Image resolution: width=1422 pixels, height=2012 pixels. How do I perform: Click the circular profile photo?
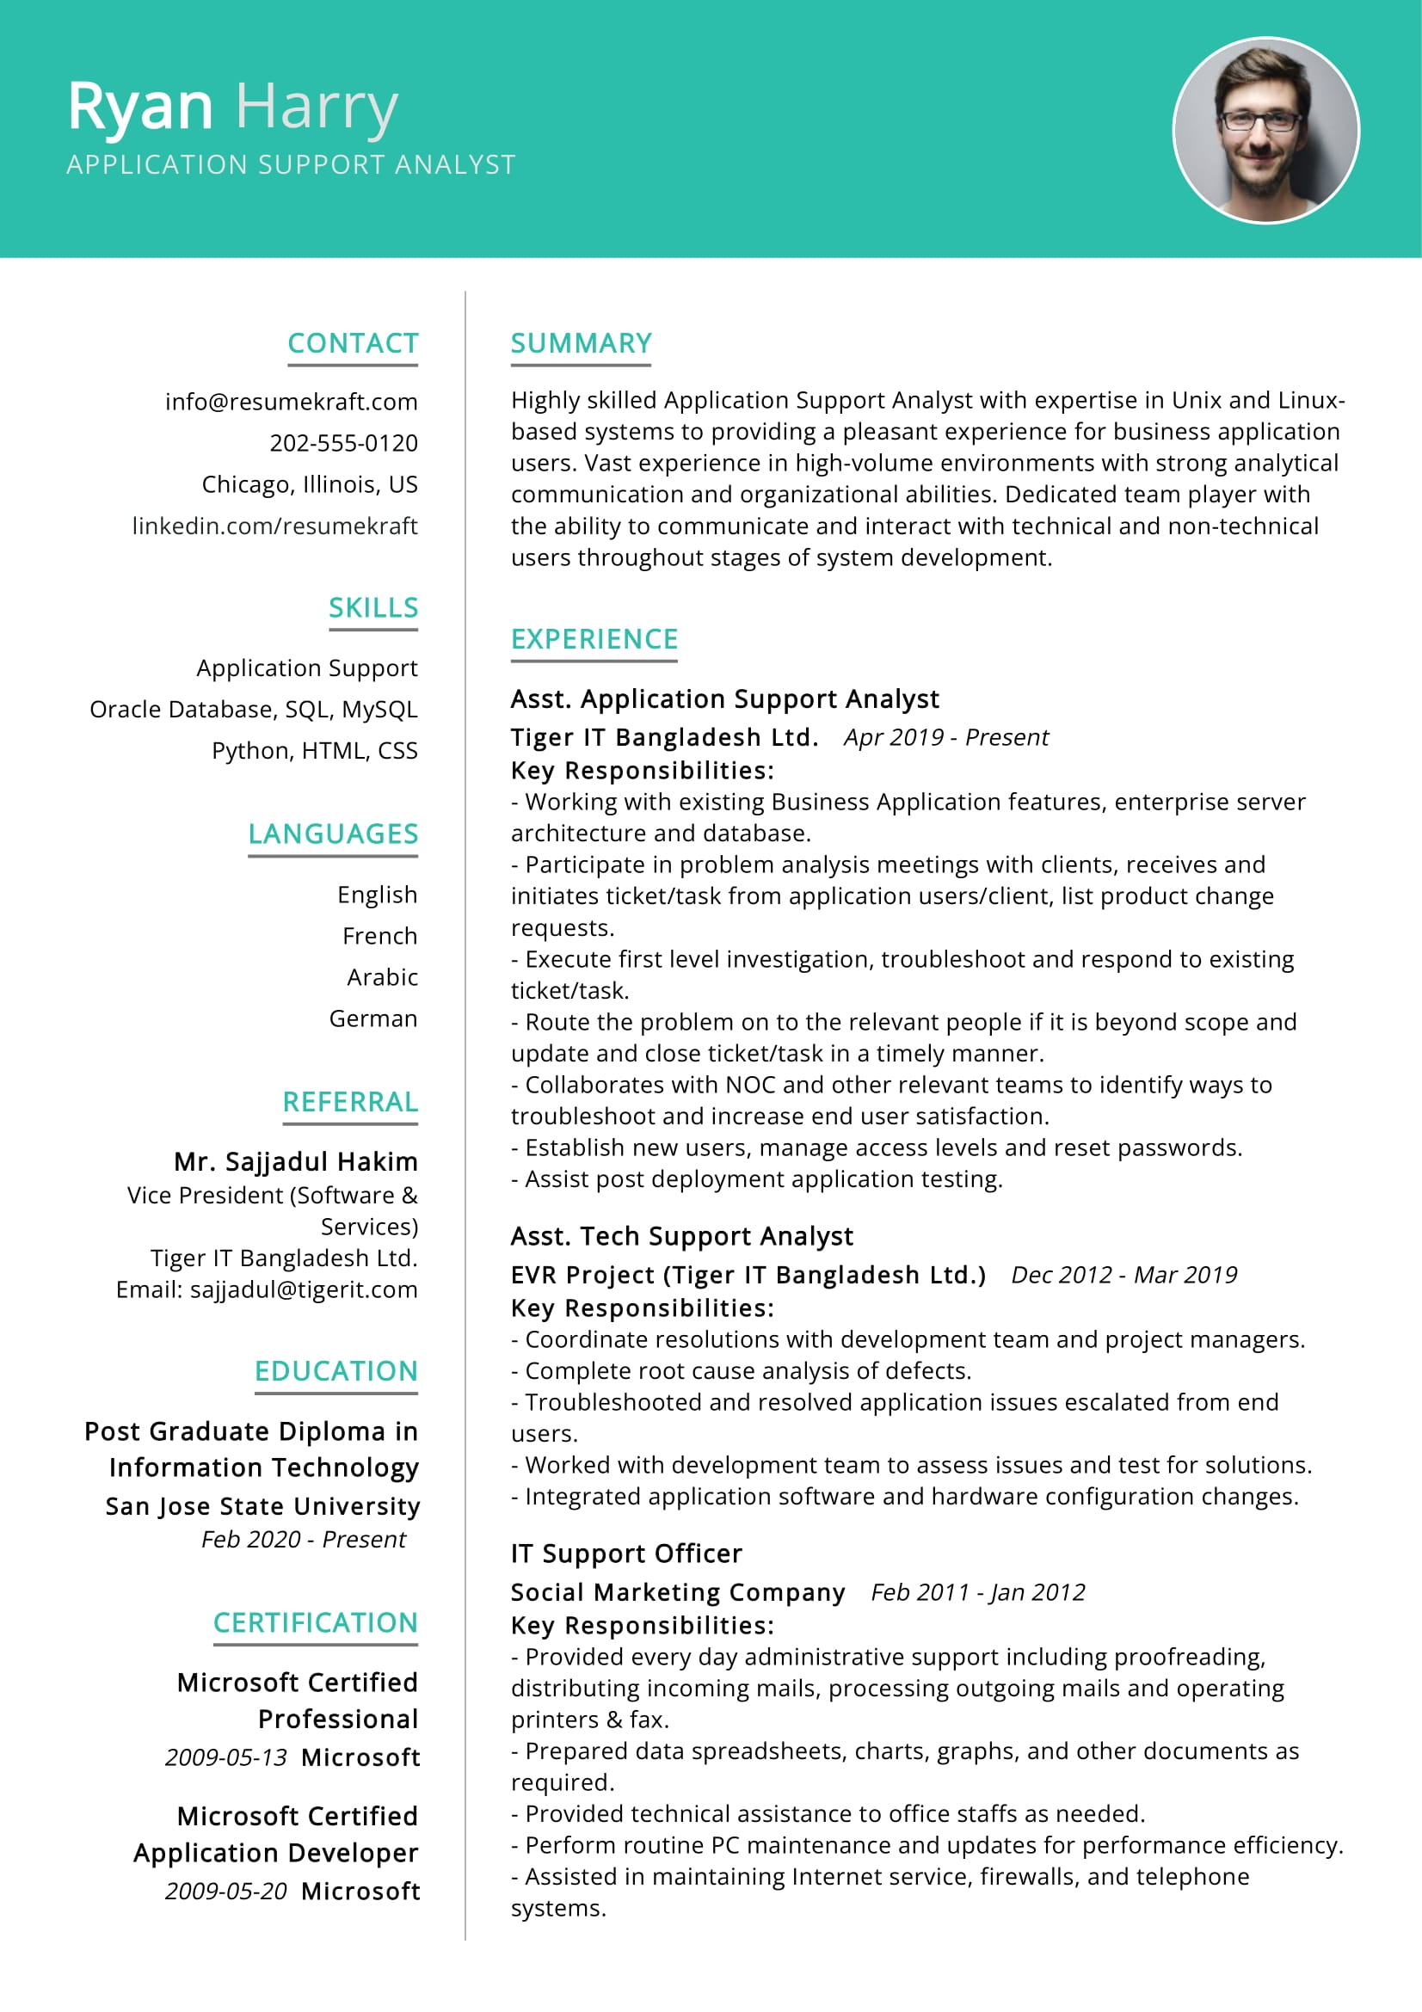coord(1265,130)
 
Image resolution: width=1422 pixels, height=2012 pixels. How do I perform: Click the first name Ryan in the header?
coord(140,107)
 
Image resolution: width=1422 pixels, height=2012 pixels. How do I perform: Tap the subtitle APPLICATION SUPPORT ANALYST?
coord(291,165)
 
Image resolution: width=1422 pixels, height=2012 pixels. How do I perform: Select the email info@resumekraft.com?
coord(291,402)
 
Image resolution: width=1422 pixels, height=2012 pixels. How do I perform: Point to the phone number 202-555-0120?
coord(343,442)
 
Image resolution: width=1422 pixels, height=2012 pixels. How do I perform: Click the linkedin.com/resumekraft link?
coord(275,526)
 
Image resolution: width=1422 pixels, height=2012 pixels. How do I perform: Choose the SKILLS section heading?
coord(373,607)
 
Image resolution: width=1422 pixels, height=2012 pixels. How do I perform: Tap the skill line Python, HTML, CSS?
coord(315,750)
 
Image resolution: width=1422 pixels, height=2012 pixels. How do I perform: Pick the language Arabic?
coord(382,977)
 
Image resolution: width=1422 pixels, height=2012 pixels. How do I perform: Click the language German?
coord(373,1018)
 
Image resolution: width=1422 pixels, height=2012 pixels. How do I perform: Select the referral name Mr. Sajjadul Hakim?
coord(296,1161)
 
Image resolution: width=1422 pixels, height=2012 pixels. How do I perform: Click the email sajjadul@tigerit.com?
coord(303,1289)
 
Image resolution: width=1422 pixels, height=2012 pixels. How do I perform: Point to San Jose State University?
coord(263,1505)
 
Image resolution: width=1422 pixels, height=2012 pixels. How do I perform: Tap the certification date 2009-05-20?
coord(226,1891)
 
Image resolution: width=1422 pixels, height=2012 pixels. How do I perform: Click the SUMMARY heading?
coord(581,342)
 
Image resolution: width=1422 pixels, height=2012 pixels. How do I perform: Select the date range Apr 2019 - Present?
coord(946,737)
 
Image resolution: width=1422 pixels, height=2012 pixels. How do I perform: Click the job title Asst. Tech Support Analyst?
coord(681,1235)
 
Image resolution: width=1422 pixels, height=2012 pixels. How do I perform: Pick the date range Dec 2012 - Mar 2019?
coord(1124,1274)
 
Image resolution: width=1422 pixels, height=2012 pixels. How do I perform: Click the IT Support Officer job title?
coord(626,1553)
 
